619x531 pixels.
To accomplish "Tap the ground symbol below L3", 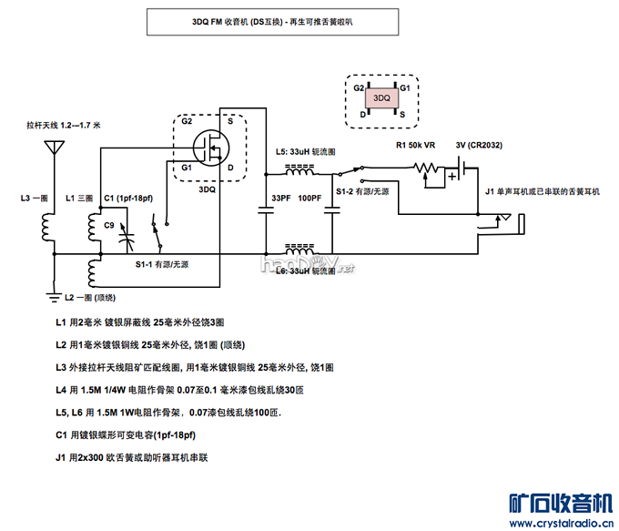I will click(x=53, y=294).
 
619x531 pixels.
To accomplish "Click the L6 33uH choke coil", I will click(x=300, y=248).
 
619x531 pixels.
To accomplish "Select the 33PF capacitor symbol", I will click(x=267, y=211).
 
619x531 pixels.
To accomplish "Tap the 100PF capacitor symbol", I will click(x=333, y=211).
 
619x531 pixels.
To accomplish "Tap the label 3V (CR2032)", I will click(x=479, y=145).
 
